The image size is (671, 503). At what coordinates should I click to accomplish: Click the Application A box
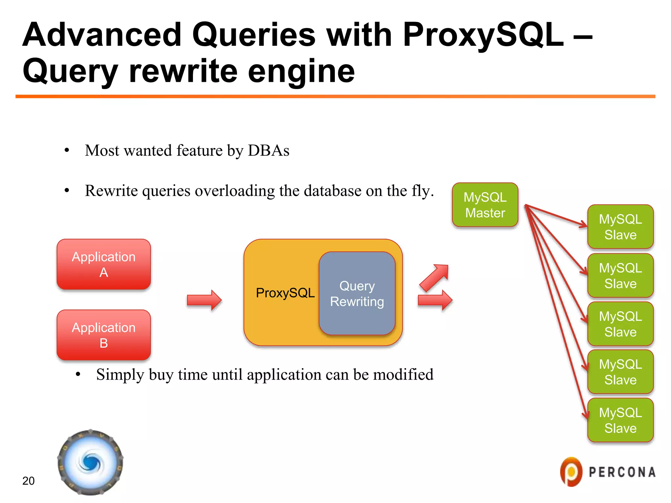(x=104, y=264)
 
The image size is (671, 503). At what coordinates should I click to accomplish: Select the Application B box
(x=104, y=335)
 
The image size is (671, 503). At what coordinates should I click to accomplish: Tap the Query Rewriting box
(x=357, y=293)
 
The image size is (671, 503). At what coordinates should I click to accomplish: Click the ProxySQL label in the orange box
(x=285, y=293)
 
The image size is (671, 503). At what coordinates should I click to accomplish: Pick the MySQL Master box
(x=485, y=205)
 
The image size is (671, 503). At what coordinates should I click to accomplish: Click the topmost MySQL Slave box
(x=620, y=227)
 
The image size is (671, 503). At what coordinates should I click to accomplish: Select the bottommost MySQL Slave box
(x=620, y=420)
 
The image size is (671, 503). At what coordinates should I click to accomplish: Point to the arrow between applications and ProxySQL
(x=204, y=300)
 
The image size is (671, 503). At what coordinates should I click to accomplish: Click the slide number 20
(x=29, y=481)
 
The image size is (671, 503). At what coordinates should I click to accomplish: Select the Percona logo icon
(x=571, y=472)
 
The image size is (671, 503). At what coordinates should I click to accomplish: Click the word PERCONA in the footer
(x=622, y=472)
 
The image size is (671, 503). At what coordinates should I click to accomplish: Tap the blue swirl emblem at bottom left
(x=90, y=462)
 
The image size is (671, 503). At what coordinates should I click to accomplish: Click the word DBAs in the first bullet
(x=268, y=151)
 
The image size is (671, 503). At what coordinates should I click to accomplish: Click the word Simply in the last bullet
(x=120, y=374)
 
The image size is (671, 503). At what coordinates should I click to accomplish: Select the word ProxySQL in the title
(x=483, y=34)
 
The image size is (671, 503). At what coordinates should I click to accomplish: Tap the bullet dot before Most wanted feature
(x=67, y=151)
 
